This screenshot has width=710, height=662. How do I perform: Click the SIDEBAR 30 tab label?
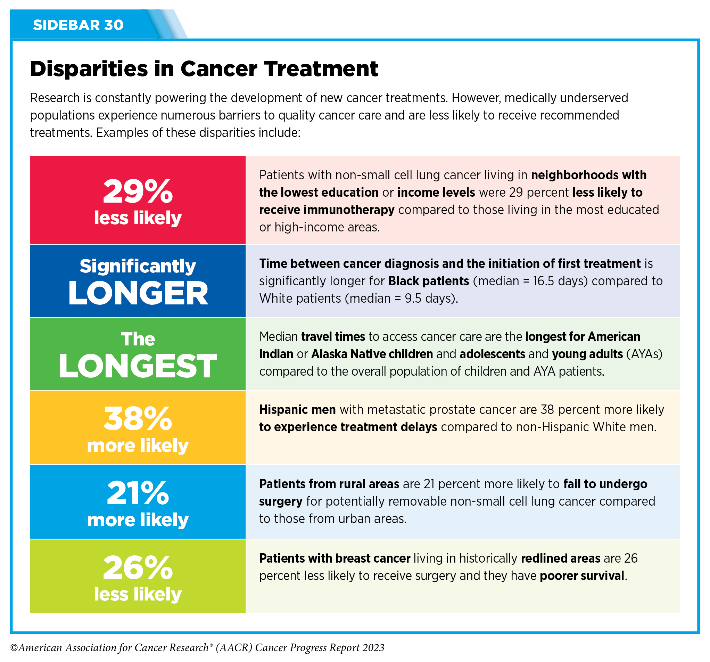[x=78, y=25]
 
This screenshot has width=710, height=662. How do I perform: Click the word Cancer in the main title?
[x=218, y=68]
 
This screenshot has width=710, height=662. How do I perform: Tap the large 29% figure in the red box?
[x=138, y=191]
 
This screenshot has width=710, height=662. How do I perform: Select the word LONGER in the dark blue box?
[x=138, y=293]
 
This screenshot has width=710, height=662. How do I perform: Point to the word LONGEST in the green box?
[x=138, y=366]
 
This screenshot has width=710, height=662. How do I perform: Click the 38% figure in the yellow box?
[x=138, y=419]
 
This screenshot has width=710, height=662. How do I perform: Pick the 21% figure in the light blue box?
[x=138, y=493]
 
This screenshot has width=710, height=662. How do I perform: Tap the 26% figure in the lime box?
[x=138, y=568]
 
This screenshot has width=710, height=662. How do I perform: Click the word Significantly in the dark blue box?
[x=138, y=266]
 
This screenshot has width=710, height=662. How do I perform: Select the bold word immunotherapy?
[x=349, y=210]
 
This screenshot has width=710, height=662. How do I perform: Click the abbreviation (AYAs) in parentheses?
[x=644, y=354]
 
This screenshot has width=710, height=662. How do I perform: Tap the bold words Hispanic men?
[x=297, y=409]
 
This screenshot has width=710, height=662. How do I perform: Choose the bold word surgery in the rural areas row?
[x=281, y=501]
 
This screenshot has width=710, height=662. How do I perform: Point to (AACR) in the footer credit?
[x=234, y=648]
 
